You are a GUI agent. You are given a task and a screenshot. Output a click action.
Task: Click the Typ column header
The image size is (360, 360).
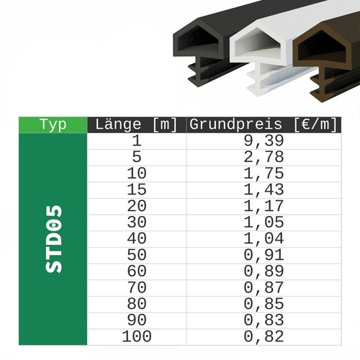click(53, 125)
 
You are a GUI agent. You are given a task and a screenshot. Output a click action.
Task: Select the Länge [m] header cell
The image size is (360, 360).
click(136, 125)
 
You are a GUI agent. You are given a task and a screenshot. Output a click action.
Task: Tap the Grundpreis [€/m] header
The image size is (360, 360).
click(264, 125)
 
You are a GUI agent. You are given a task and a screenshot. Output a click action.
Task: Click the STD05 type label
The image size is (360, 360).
click(54, 239)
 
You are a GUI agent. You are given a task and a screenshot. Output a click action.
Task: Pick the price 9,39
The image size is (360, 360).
click(264, 141)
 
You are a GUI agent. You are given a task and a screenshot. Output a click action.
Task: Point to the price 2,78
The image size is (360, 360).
click(264, 157)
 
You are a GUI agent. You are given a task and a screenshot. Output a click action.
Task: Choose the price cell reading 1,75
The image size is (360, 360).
click(264, 174)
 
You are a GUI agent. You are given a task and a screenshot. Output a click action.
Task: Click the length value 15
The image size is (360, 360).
click(137, 189)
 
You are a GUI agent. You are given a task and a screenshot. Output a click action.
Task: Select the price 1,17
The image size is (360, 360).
click(264, 206)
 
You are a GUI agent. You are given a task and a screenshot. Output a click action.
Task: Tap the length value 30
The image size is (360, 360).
click(137, 222)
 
